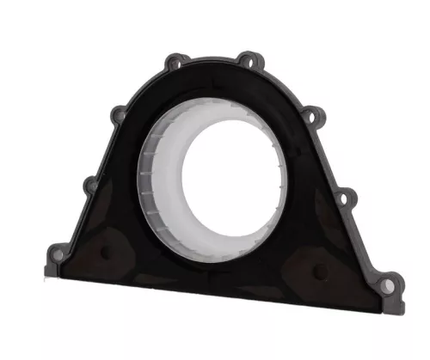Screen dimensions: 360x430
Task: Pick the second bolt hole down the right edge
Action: tap(312, 115)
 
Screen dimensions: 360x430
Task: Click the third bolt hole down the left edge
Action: tap(89, 184)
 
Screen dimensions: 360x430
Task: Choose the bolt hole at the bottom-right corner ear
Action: tap(389, 284)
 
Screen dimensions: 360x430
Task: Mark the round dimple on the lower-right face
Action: tap(320, 272)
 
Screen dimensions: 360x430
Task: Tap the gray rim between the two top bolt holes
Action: tap(212, 58)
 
